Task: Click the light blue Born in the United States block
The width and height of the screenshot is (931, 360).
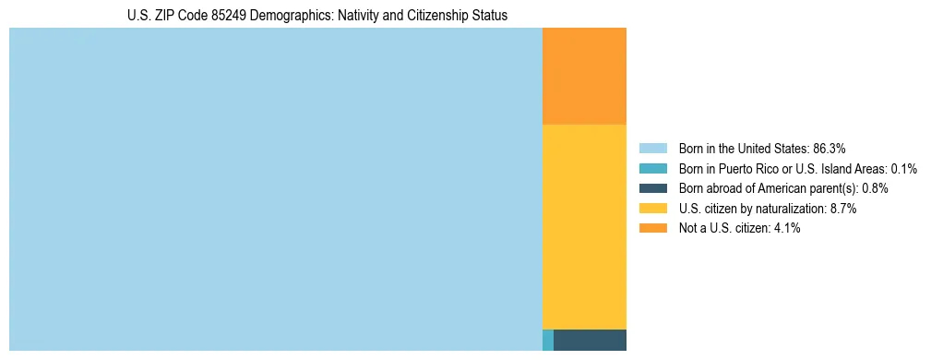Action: pyautogui.click(x=275, y=189)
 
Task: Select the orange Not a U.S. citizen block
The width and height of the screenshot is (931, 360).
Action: pyautogui.click(x=584, y=76)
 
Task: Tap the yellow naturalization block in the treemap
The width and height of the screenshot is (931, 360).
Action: pyautogui.click(x=584, y=226)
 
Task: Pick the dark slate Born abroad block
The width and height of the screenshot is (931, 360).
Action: pyautogui.click(x=590, y=340)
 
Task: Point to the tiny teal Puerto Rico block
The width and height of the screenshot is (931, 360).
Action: pyautogui.click(x=548, y=340)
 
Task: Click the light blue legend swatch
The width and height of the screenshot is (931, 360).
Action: pyautogui.click(x=652, y=149)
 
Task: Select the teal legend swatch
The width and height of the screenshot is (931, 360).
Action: pyautogui.click(x=652, y=169)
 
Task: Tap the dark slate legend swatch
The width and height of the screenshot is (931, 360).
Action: pyautogui.click(x=652, y=188)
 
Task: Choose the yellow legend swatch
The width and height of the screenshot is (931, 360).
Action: pyautogui.click(x=652, y=209)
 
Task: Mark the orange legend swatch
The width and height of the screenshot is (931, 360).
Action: pyautogui.click(x=652, y=229)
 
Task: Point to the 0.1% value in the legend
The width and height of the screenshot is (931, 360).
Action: pyautogui.click(x=904, y=169)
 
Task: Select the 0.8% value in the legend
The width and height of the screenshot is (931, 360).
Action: pyautogui.click(x=875, y=188)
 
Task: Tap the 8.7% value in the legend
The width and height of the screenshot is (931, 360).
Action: pyautogui.click(x=844, y=209)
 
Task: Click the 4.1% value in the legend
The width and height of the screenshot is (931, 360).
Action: pyautogui.click(x=787, y=229)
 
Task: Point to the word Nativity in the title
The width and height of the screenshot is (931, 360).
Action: pyautogui.click(x=365, y=16)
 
